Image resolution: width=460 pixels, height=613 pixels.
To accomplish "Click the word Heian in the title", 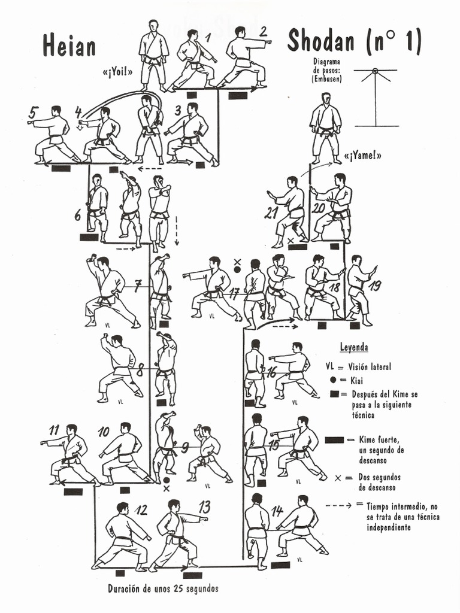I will pos(69,45).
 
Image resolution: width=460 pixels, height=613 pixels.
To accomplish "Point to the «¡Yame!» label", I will pos(362,156).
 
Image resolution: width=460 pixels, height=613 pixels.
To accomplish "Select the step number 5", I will pos(34,113).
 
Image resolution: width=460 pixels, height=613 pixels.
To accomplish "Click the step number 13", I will pos(204,507).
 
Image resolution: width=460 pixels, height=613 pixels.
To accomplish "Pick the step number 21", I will pos(271,213).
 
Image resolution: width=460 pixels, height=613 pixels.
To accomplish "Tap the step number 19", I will pos(375,286).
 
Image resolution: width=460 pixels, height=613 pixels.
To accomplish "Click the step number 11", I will pos(55,429).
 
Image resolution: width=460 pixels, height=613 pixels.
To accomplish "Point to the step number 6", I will pos(78,216).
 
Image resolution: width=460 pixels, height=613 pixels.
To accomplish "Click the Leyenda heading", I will pos(353,347).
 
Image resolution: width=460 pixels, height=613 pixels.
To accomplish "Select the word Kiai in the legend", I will pos(358,380).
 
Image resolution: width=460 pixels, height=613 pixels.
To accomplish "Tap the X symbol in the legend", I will pos(338,478).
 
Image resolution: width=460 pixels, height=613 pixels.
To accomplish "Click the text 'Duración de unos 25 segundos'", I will pos(163,588).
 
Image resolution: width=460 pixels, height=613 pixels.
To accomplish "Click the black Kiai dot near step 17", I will pos(237,270).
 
